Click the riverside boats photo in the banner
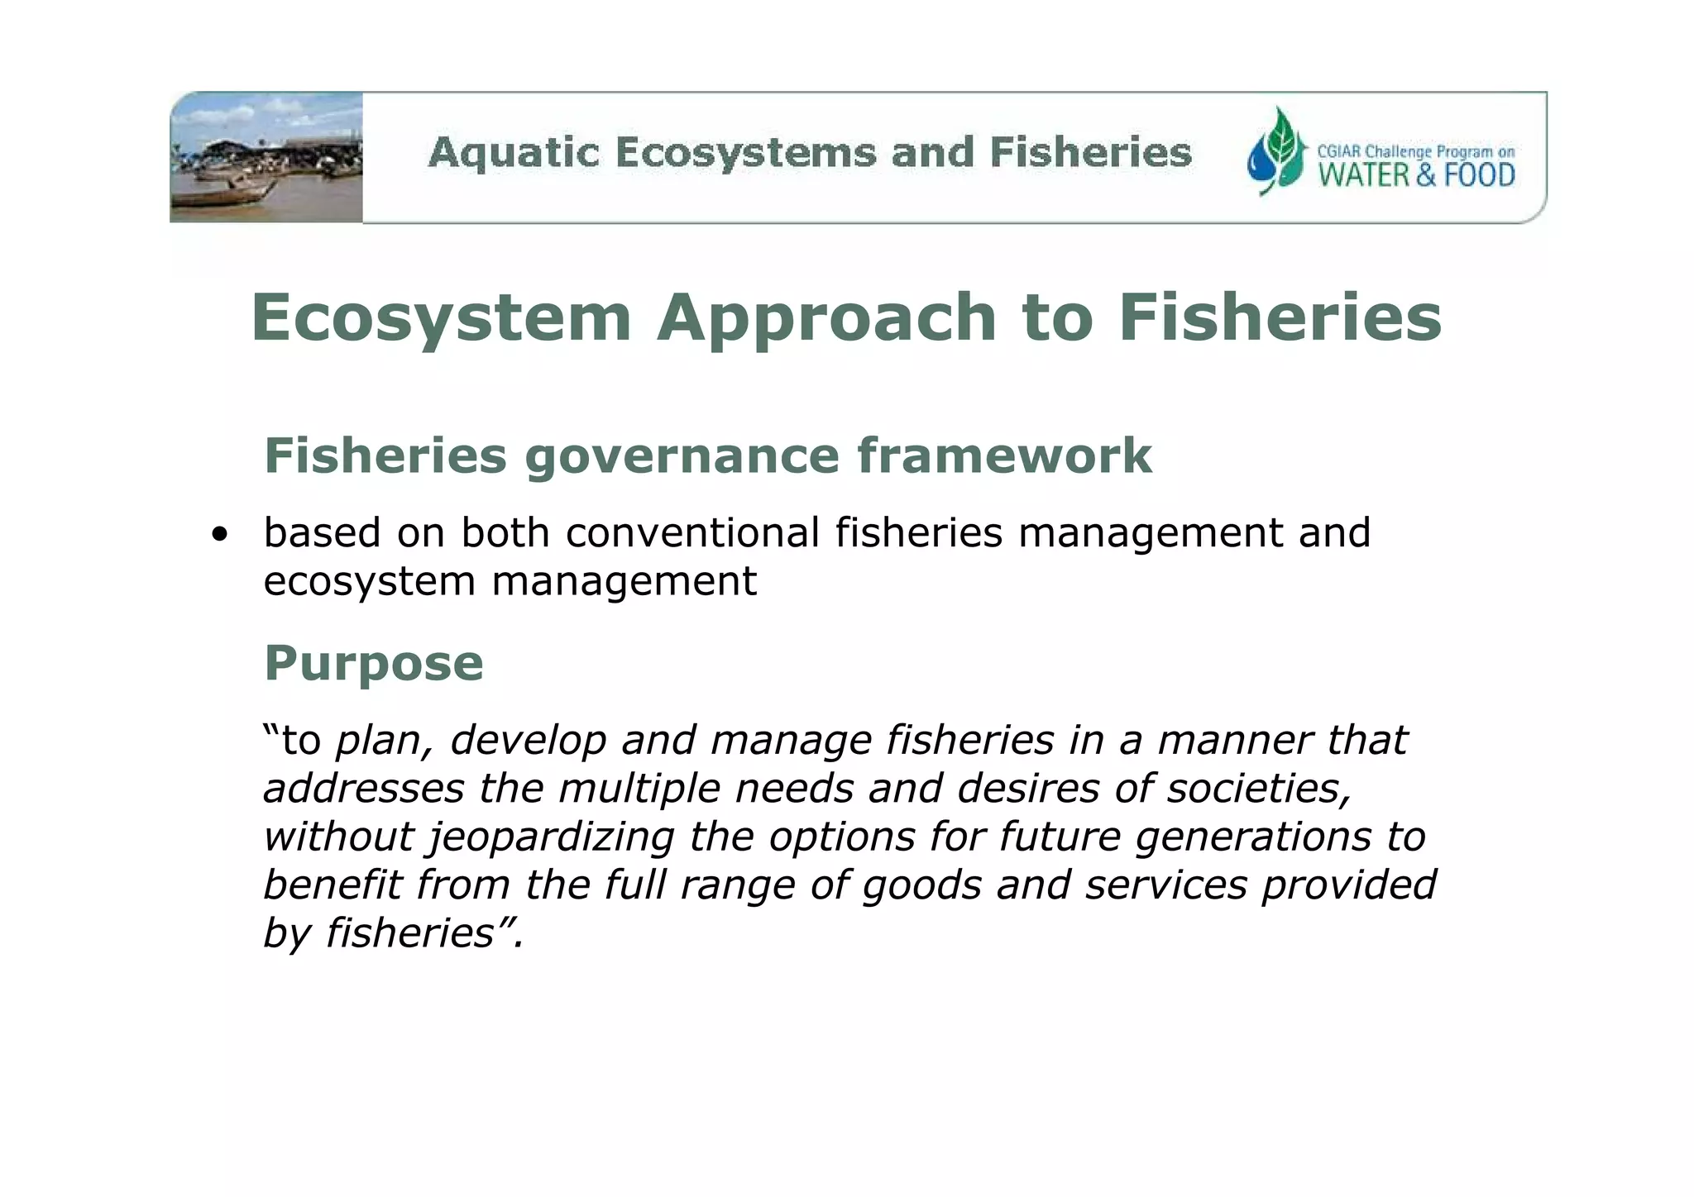pyautogui.click(x=266, y=157)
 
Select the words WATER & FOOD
pyautogui.click(x=1416, y=175)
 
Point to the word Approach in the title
pyautogui.click(x=826, y=318)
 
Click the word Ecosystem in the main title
pyautogui.click(x=441, y=318)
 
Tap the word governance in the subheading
pyautogui.click(x=682, y=456)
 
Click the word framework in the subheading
pyautogui.click(x=1004, y=456)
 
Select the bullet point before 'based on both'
pyautogui.click(x=219, y=534)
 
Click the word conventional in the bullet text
pyautogui.click(x=693, y=532)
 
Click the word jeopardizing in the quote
pyautogui.click(x=552, y=837)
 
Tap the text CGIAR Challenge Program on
pyautogui.click(x=1415, y=152)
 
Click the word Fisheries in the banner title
pyautogui.click(x=1090, y=154)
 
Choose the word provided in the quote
pyautogui.click(x=1348, y=885)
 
